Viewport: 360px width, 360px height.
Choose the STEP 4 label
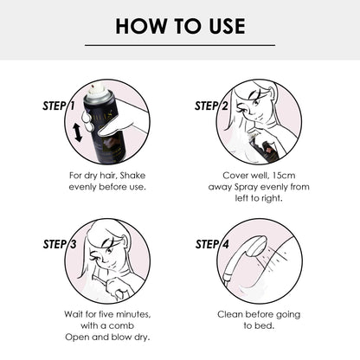[x=212, y=245]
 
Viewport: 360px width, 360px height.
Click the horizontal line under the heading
[x=180, y=45]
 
